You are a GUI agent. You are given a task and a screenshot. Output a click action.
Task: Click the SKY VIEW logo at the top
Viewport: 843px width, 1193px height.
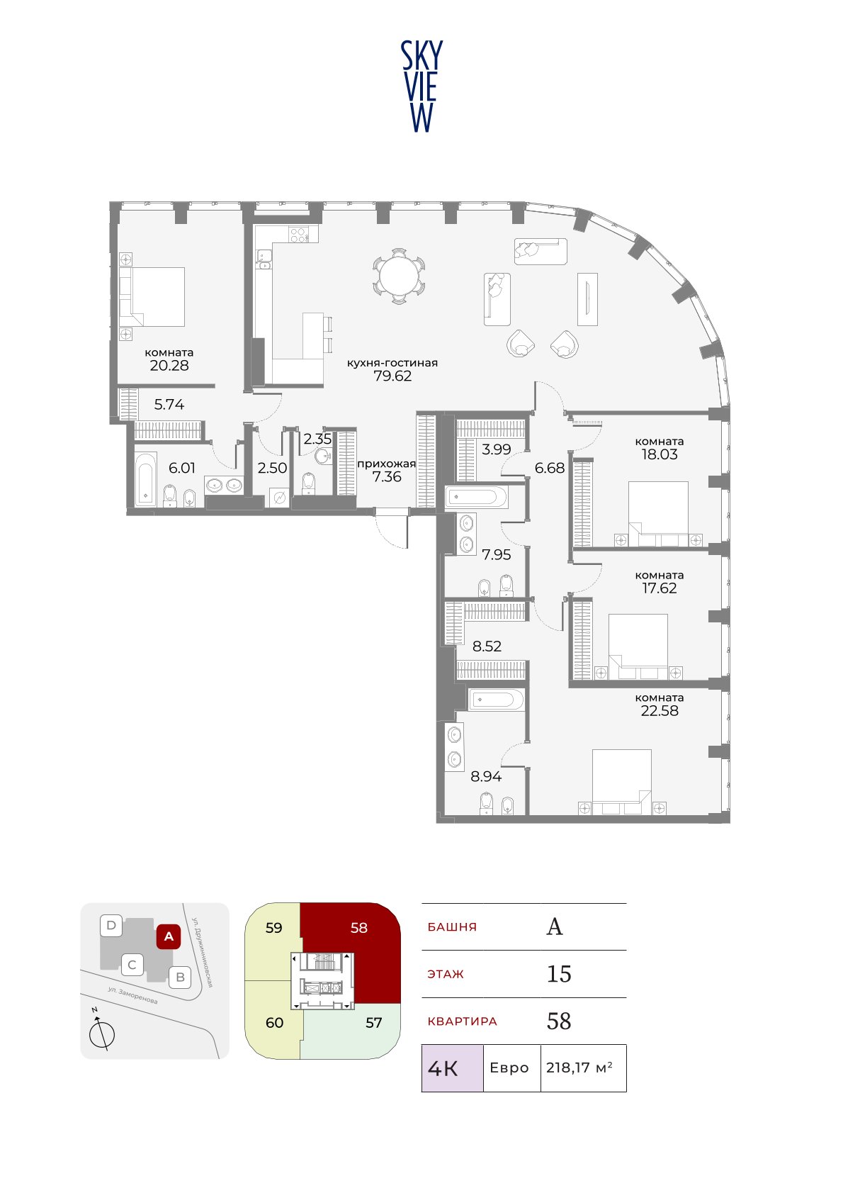pyautogui.click(x=421, y=86)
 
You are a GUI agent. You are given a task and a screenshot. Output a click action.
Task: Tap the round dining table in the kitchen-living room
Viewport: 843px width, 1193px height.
pyautogui.click(x=399, y=276)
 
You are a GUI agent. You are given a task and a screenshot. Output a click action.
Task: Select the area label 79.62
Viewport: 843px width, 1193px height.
pyautogui.click(x=392, y=376)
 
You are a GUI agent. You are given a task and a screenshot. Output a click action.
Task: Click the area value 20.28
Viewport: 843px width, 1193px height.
pyautogui.click(x=169, y=365)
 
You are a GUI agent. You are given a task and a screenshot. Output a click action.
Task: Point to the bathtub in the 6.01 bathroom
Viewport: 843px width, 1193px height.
pyautogui.click(x=145, y=478)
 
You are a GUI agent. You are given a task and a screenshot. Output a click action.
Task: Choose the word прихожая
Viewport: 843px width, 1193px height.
pyautogui.click(x=386, y=464)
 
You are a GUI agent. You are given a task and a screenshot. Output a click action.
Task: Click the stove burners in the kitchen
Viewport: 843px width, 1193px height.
pyautogui.click(x=298, y=235)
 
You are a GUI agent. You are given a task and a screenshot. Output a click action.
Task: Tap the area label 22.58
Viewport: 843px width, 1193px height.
pyautogui.click(x=660, y=710)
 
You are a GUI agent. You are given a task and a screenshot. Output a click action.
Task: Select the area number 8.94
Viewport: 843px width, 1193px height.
pyautogui.click(x=486, y=776)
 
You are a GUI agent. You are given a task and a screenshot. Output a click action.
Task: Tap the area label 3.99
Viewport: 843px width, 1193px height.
pyautogui.click(x=496, y=449)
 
